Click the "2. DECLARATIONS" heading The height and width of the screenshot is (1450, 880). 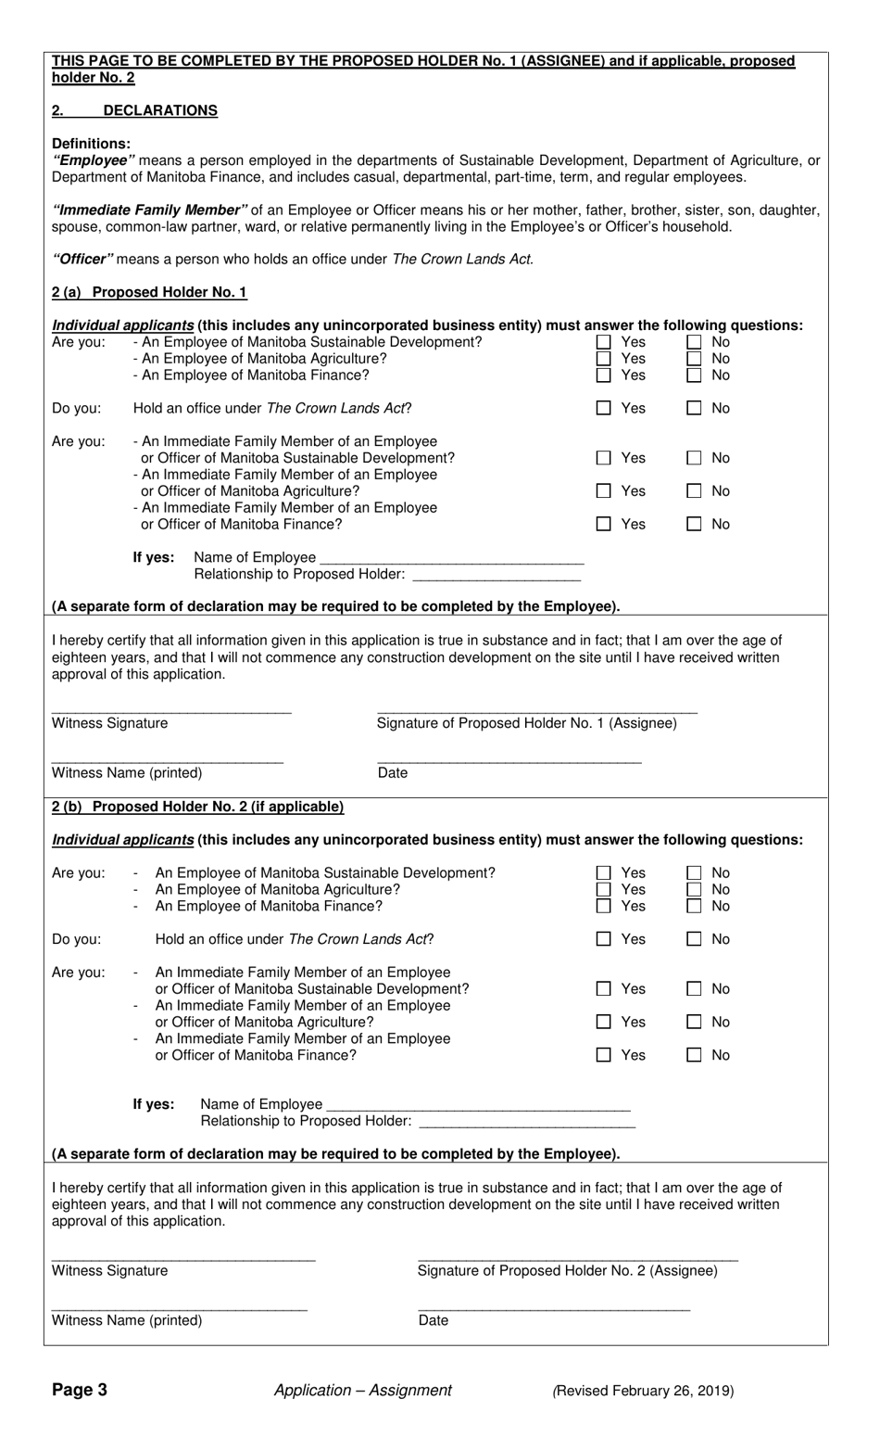pos(135,110)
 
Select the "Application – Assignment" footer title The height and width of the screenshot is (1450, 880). pos(363,1390)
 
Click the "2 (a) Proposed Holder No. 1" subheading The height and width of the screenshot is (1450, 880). pos(149,292)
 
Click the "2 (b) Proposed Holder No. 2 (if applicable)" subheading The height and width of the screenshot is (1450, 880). pos(197,807)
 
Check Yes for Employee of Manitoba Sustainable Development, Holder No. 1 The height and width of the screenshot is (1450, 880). pos(604,342)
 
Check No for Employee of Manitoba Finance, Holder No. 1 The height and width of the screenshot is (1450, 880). pos(695,375)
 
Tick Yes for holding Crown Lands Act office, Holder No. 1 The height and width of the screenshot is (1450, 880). pos(604,408)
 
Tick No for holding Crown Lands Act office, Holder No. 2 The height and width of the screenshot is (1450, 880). pos(695,939)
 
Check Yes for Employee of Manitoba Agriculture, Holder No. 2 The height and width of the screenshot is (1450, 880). pos(604,889)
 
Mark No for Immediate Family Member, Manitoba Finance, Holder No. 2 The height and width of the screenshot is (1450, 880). pos(695,1055)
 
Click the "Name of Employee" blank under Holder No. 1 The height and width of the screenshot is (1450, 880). pos(450,557)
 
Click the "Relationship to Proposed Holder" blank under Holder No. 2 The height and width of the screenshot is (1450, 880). pos(527,1121)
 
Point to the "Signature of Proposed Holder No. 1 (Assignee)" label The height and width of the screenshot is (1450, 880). pos(526,723)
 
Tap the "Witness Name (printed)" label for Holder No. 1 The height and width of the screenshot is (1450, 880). pos(127,773)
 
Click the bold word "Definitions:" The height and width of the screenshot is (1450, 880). pos(91,144)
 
